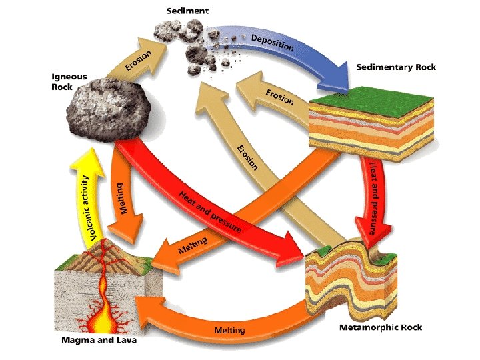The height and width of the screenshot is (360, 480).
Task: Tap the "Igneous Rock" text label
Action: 69,81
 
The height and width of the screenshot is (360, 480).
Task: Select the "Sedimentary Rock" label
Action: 396,67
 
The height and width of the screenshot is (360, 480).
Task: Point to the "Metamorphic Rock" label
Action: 380,327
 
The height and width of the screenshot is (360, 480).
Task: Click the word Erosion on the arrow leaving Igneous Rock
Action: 138,59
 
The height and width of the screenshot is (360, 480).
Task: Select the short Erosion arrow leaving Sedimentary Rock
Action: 273,97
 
